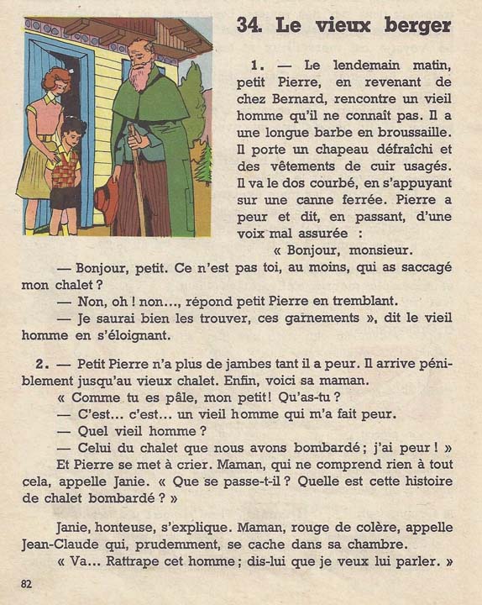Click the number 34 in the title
click(x=249, y=25)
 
